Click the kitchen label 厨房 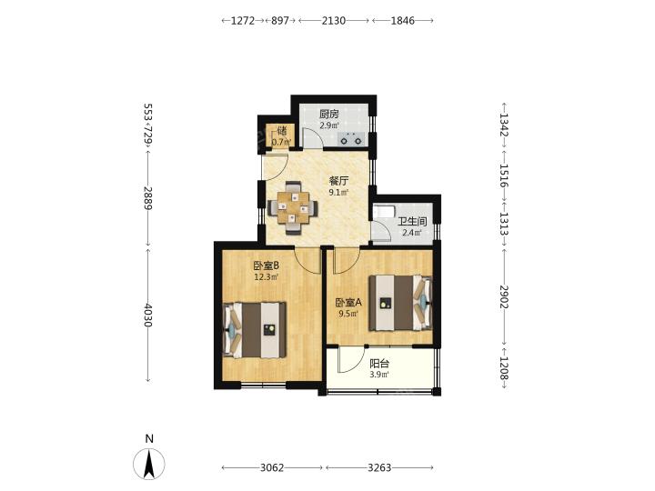point(328,114)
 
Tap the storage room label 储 point(282,130)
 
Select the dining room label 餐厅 point(338,181)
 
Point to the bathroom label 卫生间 point(412,222)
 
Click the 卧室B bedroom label point(266,266)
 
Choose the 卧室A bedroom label point(348,302)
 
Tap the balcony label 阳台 point(379,364)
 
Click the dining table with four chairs point(293,207)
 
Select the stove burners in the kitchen point(351,138)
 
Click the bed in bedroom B point(255,330)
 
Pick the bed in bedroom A point(400,303)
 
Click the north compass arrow point(149,464)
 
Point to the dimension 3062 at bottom point(272,467)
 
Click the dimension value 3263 point(379,467)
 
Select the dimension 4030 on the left point(148,316)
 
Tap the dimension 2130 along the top point(334,20)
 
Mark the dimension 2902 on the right point(504,296)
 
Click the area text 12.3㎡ point(266,276)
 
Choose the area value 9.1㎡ point(338,193)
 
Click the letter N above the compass point(149,439)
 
